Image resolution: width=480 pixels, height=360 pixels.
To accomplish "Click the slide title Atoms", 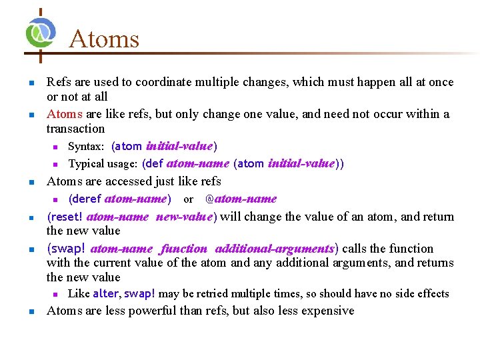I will pos(103,39).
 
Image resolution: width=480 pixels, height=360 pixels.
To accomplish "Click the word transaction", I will pos(75,129).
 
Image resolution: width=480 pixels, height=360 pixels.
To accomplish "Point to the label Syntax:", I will pos(86,146).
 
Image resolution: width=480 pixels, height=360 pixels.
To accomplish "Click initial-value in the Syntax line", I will pos(179,146).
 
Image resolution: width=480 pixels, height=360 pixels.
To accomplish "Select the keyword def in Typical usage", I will pos(154,163).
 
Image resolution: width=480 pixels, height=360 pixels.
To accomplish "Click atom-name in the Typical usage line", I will pos(197,163).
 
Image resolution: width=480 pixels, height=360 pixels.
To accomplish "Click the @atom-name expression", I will pos(240,199).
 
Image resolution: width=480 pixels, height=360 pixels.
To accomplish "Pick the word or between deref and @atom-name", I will pos(188,199).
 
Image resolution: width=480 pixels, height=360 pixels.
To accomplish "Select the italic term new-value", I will pos(183,217).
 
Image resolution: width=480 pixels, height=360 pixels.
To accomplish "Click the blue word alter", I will pos(105,294).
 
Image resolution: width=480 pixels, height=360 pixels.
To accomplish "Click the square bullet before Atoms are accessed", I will pos(31,182).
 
